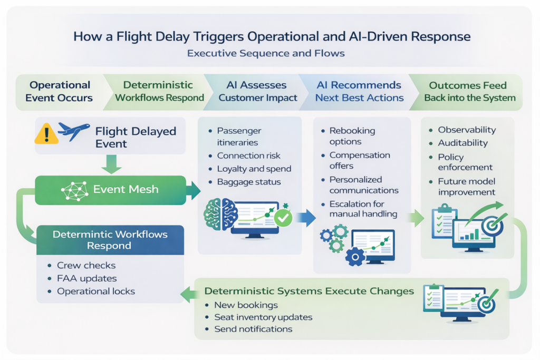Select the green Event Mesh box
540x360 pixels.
point(111,190)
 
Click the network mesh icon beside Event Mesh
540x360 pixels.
point(75,190)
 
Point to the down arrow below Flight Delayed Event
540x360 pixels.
point(111,164)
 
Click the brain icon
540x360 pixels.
point(220,215)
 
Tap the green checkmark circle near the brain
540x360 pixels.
point(283,218)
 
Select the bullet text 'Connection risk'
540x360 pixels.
point(249,155)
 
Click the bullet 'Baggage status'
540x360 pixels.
point(249,182)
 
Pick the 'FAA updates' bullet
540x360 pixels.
point(87,278)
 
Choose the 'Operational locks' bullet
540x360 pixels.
point(96,291)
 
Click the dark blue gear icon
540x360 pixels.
point(355,256)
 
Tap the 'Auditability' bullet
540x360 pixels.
point(463,143)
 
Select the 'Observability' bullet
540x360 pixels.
point(467,130)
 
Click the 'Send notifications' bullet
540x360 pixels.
point(253,329)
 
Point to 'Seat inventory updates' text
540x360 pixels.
point(263,317)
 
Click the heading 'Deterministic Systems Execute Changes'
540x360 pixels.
point(309,291)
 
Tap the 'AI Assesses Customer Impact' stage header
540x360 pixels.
point(257,92)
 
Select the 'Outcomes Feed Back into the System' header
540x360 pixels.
point(470,92)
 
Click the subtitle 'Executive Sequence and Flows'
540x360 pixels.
point(266,53)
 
